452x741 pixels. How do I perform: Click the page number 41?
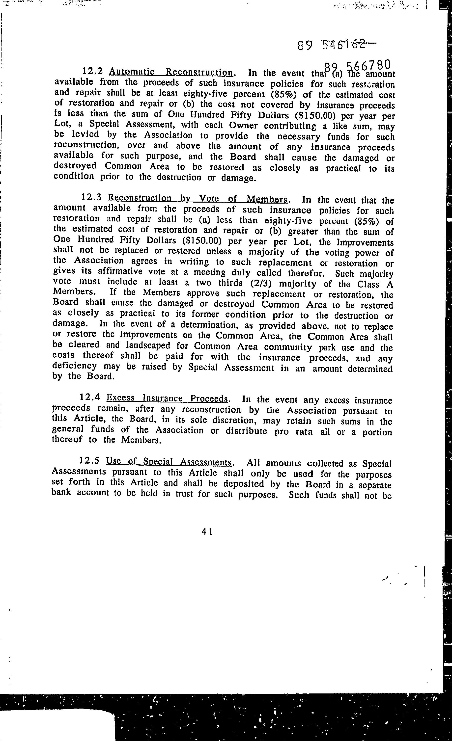click(x=207, y=532)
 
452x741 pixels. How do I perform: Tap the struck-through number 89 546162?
click(x=336, y=45)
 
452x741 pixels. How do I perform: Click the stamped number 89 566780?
click(x=358, y=66)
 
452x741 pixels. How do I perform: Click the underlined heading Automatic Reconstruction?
click(x=171, y=72)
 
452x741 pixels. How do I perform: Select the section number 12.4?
click(x=90, y=397)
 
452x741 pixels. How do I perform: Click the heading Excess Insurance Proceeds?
click(x=167, y=398)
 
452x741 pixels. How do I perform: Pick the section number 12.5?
click(x=89, y=461)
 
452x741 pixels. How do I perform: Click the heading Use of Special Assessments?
click(x=169, y=462)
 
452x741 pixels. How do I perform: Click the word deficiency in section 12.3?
click(x=74, y=366)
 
